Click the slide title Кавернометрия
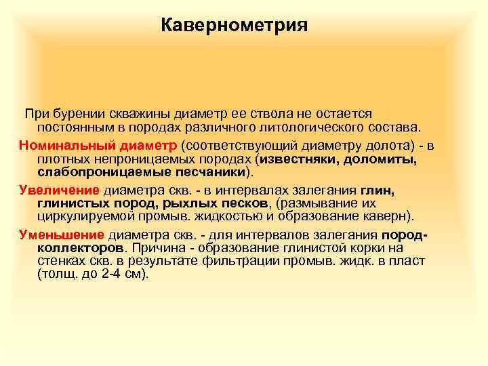[x=235, y=26]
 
